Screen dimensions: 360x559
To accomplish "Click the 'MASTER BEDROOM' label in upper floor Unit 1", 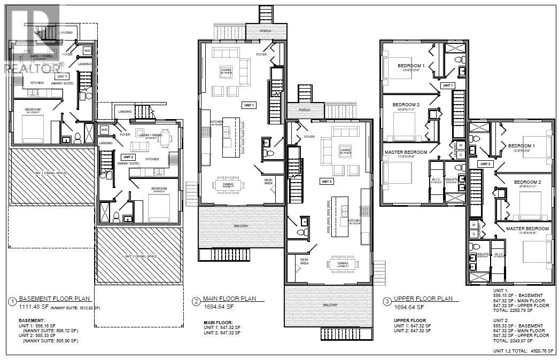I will pos(406,152).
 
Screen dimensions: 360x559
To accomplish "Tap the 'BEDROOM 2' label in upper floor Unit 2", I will pos(527,182).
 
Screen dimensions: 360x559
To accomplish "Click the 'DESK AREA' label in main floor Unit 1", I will pos(269,182).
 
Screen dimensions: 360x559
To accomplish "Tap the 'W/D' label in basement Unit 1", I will pos(87,51).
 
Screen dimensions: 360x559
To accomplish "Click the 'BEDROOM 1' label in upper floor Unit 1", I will pos(411,66).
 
